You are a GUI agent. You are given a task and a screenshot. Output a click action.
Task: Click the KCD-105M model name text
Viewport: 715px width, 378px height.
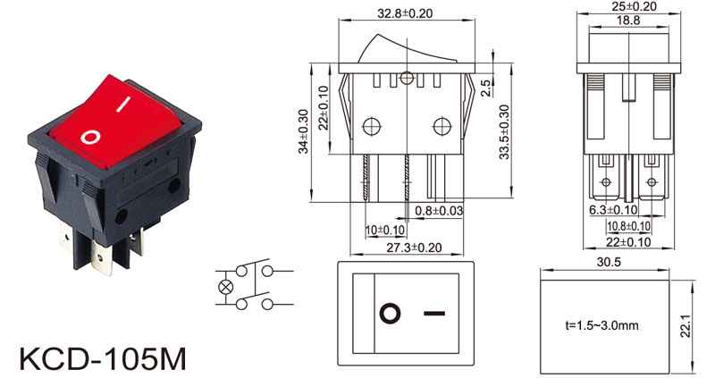[103, 358]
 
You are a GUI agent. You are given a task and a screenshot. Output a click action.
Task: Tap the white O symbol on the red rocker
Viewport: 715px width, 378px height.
[90, 137]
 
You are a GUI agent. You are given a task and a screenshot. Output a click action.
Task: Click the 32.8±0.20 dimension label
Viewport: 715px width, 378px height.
[405, 13]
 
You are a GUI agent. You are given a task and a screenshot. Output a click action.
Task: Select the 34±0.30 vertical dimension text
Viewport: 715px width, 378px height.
[304, 131]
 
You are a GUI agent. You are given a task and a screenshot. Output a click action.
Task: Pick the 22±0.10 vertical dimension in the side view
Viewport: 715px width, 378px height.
[324, 108]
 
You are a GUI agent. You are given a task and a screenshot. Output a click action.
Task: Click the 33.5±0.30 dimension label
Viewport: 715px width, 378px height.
[504, 131]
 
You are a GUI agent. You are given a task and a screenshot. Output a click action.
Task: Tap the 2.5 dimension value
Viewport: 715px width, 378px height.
[486, 88]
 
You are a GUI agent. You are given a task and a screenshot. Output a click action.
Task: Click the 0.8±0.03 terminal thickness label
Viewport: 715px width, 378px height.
[439, 211]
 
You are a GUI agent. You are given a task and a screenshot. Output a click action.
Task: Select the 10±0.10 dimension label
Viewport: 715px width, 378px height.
[385, 231]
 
